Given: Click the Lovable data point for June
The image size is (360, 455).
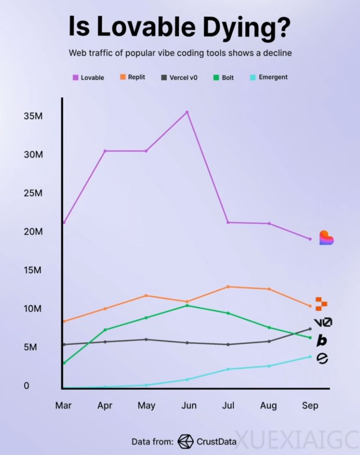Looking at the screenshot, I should [x=187, y=112].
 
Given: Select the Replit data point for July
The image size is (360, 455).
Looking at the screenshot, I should [x=228, y=287].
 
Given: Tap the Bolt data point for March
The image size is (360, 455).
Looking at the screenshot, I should [x=64, y=362].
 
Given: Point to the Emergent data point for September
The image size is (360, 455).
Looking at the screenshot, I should [x=310, y=357].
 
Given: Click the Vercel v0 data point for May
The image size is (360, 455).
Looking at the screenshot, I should [x=146, y=339].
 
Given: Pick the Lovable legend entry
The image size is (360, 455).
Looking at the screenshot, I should [x=88, y=77].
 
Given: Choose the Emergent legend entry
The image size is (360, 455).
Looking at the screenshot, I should [x=269, y=77].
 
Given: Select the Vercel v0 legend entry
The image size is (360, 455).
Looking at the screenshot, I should [x=179, y=77].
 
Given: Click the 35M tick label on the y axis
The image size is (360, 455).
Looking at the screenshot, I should [x=34, y=116].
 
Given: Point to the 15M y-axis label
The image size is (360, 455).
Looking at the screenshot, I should [x=34, y=270].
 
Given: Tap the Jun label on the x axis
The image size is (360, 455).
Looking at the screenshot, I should [x=189, y=406].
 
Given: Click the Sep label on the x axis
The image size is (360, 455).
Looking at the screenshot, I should [x=310, y=406].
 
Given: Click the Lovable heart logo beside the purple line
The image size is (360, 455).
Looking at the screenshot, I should [x=326, y=238].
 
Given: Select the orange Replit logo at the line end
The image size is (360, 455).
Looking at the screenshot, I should [x=321, y=303].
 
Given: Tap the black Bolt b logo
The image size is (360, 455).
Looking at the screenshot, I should [x=322, y=341].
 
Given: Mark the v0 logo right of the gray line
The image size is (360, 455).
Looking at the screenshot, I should [x=323, y=323].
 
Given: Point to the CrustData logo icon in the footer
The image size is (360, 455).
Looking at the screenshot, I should [x=186, y=441].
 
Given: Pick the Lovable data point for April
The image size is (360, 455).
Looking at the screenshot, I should [x=105, y=151].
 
